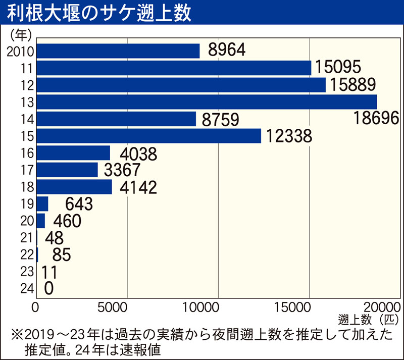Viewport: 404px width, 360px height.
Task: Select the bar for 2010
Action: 118,51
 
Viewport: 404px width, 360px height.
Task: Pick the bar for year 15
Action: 149,136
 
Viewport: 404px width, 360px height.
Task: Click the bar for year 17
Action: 67,170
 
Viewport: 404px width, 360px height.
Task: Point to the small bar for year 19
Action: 42,204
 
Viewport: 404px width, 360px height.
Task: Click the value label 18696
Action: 376,119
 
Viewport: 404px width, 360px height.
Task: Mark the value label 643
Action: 79,204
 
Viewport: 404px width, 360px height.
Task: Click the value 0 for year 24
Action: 49,288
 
